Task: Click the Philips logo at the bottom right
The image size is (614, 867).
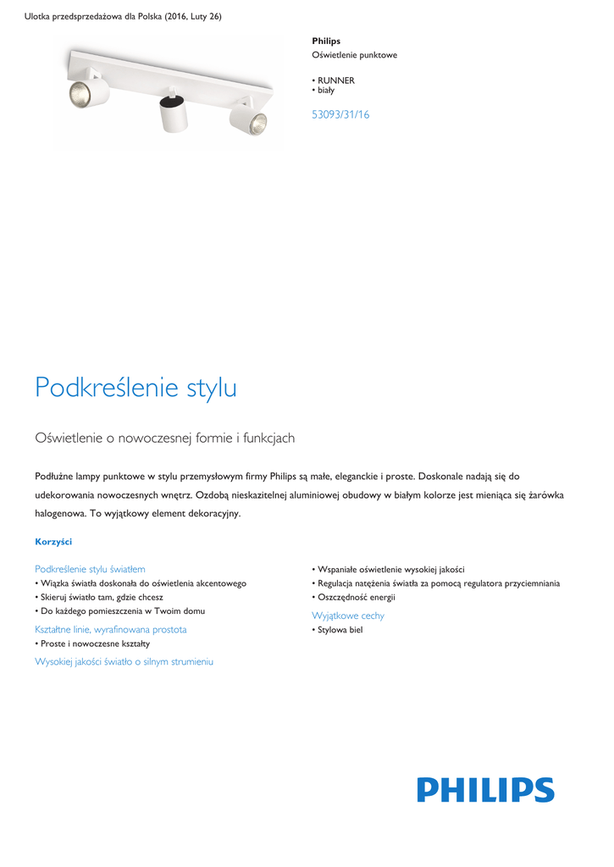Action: point(485,790)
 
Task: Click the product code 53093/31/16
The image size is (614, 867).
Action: point(340,114)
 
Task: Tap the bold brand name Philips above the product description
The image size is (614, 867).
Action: point(326,41)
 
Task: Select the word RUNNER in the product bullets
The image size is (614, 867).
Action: point(336,80)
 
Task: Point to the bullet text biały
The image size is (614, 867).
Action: point(326,90)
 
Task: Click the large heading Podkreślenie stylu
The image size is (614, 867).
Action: point(136,388)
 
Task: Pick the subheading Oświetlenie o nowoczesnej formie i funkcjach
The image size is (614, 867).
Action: point(164,438)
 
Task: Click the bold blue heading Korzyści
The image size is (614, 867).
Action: point(53,541)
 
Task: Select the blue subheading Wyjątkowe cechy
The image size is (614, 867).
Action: point(348,616)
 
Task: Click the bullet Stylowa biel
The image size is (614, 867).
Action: point(340,630)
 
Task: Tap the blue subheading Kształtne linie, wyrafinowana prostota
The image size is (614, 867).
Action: point(111,629)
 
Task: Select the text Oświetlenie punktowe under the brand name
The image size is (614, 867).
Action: point(355,55)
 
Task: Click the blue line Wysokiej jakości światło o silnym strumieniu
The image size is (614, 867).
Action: point(124,661)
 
